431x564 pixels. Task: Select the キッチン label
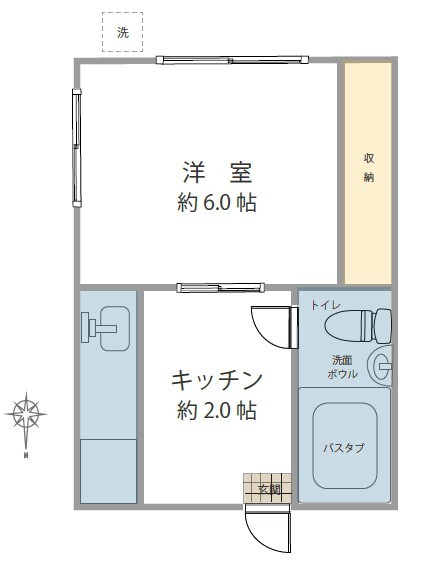(x=217, y=380)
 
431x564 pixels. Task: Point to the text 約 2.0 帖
(x=217, y=410)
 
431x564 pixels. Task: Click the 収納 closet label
(x=369, y=167)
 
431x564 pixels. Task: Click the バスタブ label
(x=343, y=447)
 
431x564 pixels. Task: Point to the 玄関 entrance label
(x=269, y=489)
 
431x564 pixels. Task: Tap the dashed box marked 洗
(x=123, y=32)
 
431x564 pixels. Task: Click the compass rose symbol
(x=26, y=413)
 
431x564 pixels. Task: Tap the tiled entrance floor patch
(x=258, y=488)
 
